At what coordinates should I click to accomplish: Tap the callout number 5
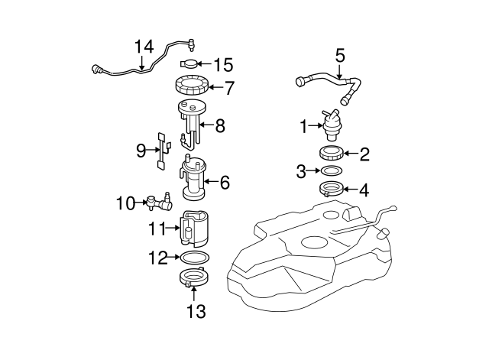click(340, 55)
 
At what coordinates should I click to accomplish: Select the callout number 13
click(196, 311)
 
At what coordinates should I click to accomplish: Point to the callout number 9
click(141, 151)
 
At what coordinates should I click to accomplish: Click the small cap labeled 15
click(189, 63)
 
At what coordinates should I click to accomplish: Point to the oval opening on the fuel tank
click(316, 244)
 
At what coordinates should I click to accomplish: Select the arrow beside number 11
click(173, 227)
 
